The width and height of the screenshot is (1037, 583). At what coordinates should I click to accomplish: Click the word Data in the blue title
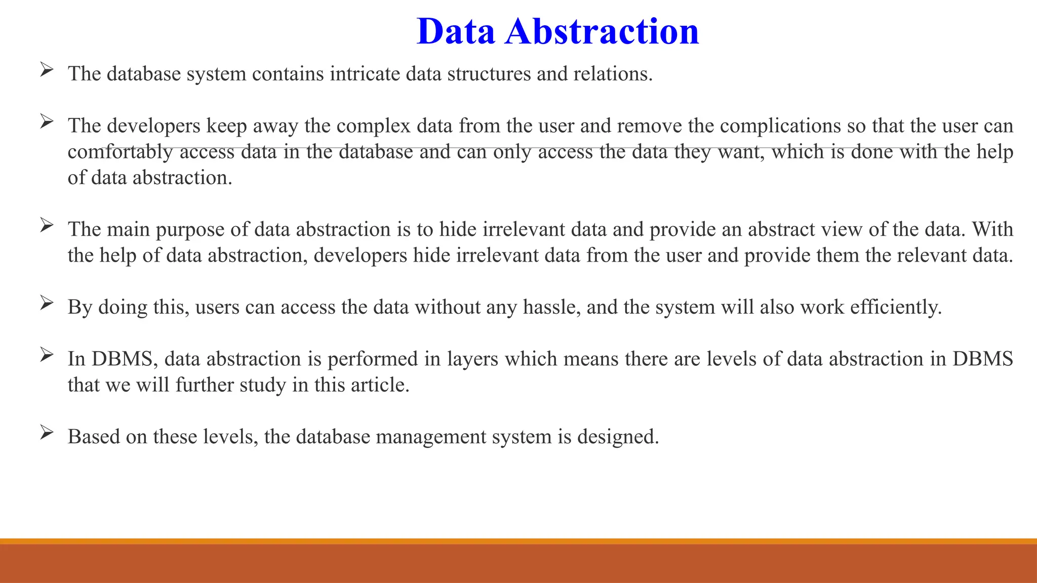point(455,31)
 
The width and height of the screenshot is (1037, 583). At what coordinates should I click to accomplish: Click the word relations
point(613,74)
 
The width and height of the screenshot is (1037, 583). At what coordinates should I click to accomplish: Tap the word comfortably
point(121,152)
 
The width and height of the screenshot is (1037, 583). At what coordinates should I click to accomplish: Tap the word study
point(263,386)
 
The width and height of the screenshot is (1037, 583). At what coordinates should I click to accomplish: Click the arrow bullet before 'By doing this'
point(47,303)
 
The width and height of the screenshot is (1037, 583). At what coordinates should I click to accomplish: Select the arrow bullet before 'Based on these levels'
point(47,433)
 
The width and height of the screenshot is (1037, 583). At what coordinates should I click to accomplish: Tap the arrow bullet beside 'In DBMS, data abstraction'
point(47,355)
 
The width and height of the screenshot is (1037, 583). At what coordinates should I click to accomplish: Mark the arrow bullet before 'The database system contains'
point(47,70)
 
